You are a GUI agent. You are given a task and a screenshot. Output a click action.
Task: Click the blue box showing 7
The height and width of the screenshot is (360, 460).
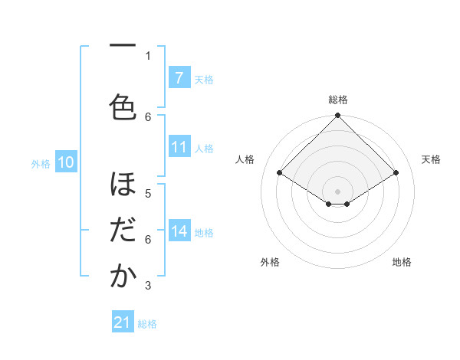[179, 78]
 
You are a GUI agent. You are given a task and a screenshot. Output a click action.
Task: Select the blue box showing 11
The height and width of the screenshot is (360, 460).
[179, 147]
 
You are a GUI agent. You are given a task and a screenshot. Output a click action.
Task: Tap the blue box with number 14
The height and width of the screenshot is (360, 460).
[179, 231]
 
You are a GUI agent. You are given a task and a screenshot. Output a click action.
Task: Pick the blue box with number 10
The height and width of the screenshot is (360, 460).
[65, 162]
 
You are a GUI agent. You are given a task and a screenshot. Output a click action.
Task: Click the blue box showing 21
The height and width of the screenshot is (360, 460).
[123, 322]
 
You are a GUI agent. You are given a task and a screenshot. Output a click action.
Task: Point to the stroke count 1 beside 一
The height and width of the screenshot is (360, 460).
[148, 55]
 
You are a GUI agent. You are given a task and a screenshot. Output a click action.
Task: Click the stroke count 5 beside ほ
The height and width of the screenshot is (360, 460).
[148, 193]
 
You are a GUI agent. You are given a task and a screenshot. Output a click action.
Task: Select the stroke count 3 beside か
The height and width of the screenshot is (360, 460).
[148, 286]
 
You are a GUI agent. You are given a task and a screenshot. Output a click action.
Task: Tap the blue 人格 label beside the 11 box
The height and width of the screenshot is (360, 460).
[204, 148]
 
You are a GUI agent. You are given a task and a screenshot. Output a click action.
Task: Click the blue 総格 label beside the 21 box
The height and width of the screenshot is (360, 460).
[147, 324]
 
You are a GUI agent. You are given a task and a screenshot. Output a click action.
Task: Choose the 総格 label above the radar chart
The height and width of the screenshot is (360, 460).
[337, 100]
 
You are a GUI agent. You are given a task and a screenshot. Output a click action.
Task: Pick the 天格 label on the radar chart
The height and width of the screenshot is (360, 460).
[431, 159]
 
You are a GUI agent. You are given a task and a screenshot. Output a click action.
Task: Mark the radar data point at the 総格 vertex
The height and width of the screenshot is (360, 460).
[337, 116]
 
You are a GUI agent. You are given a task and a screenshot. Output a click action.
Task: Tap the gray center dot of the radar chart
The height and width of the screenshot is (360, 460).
[337, 190]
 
